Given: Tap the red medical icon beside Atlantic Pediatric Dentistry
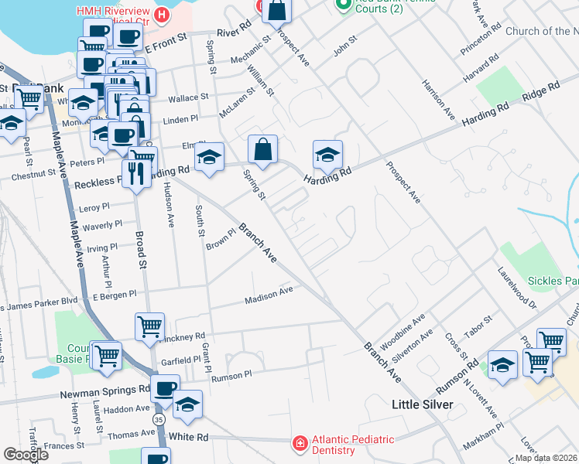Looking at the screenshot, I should click(299, 443).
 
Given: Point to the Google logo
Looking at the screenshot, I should click(26, 455).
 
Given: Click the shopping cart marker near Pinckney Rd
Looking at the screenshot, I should click(149, 325).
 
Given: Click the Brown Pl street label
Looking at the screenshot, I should click(221, 240).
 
